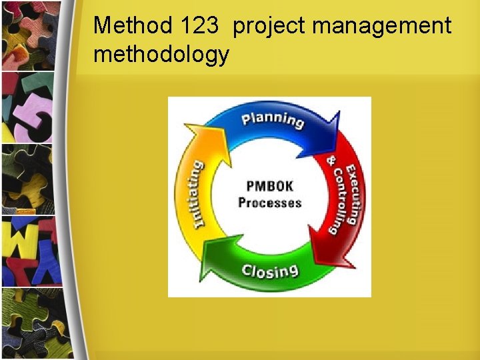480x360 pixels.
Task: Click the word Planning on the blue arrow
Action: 273,120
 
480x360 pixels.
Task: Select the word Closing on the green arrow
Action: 270,271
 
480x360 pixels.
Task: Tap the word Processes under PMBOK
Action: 269,203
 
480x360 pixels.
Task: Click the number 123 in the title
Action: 199,26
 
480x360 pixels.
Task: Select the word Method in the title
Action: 133,26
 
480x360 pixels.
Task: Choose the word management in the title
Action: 382,27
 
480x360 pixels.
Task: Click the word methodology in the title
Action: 161,55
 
